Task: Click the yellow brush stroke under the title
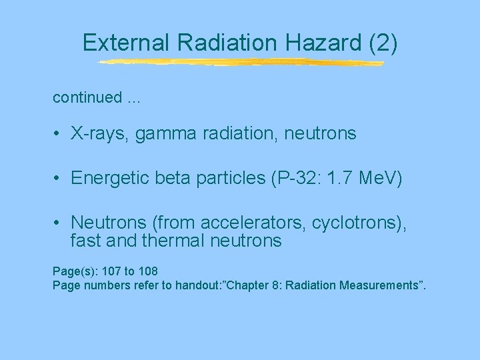click(x=240, y=63)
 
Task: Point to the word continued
click(x=84, y=97)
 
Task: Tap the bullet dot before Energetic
click(x=59, y=179)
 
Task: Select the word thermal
click(x=176, y=240)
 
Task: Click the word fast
click(x=87, y=240)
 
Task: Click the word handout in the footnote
click(x=197, y=285)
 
